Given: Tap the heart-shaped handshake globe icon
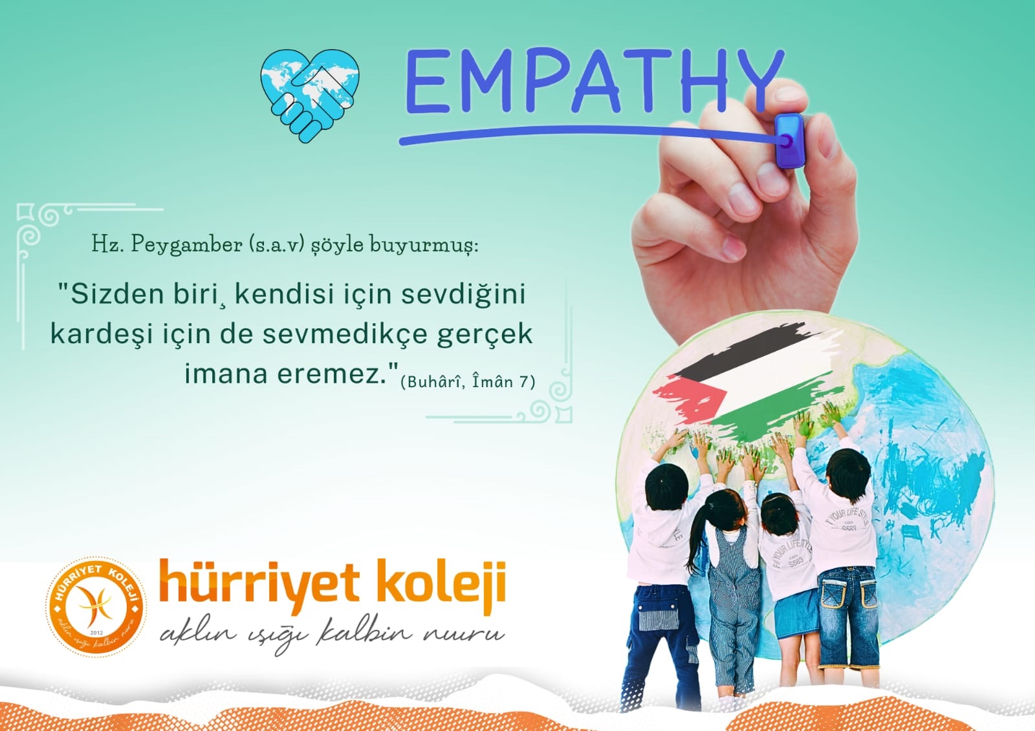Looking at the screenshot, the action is tap(310, 95).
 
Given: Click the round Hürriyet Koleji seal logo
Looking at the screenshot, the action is tap(96, 606).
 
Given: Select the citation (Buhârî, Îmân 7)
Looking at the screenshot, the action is tap(468, 383).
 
